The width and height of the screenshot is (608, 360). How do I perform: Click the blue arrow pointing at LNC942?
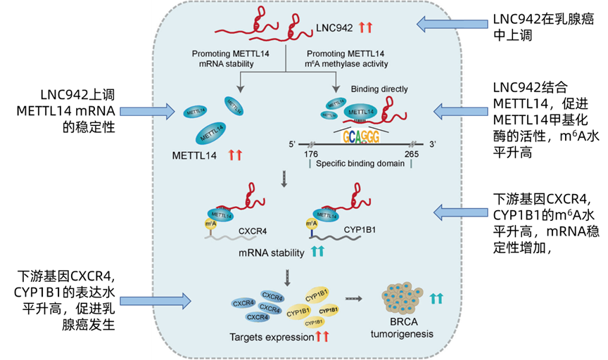click(x=452, y=25)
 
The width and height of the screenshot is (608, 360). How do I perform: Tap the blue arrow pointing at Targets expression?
click(x=156, y=301)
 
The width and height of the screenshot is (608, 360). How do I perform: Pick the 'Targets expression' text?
click(x=270, y=337)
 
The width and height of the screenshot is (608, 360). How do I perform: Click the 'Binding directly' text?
click(x=380, y=89)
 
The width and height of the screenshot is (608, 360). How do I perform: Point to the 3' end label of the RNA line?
click(x=433, y=145)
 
